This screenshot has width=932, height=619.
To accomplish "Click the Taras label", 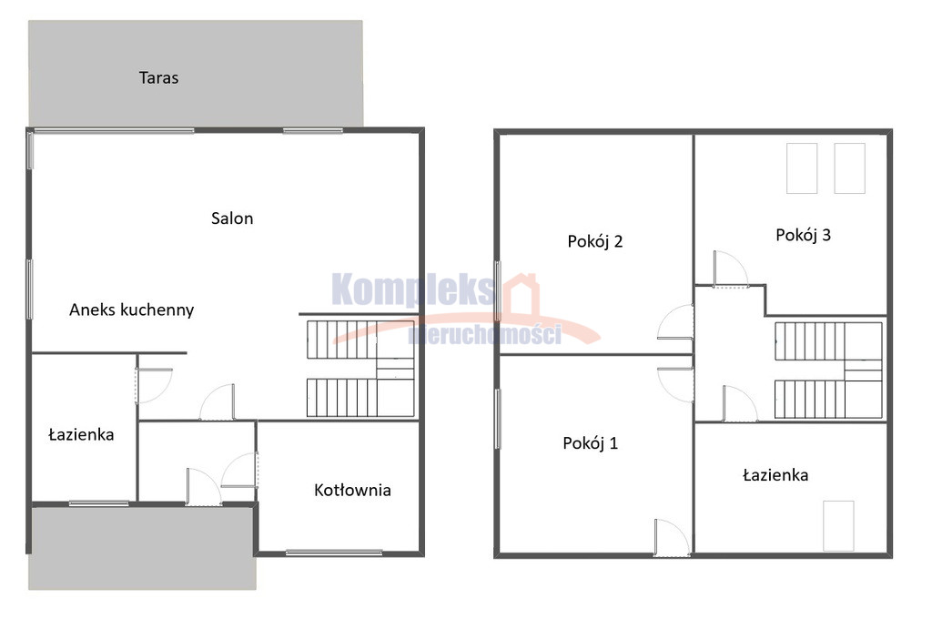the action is coord(158,77).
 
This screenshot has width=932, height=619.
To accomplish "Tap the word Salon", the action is coord(232,218).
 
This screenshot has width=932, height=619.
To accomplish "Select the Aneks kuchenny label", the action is coord(131,309).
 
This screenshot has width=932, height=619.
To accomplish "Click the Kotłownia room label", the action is coord(352,490).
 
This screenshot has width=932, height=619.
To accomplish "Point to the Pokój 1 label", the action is coord(590,443).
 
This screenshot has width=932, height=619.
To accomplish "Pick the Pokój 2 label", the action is coord(595,241).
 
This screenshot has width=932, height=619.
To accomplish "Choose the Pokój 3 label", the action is coord(803,235).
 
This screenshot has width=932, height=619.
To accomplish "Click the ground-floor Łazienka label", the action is coord(81,435).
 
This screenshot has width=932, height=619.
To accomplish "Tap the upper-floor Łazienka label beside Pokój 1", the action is coord(775,475).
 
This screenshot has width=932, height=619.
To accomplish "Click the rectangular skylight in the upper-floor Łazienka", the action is coord(838,525).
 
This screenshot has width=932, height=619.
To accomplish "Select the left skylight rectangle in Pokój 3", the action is coord(802,167).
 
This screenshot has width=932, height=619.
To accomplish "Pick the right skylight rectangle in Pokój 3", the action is coord(849,167).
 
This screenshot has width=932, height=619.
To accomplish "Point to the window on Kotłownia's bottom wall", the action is coord(333,553).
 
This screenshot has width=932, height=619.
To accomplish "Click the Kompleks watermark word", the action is coord(413,289).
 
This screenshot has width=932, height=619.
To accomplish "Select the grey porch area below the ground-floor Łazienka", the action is coord(143,548).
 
